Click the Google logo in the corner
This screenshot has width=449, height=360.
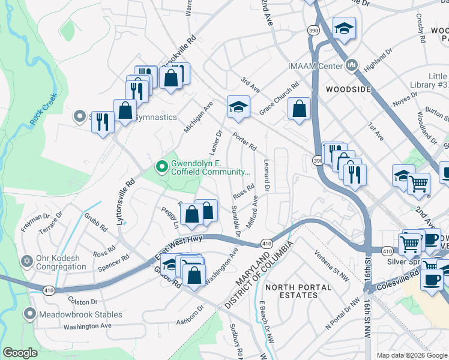pos(20,353)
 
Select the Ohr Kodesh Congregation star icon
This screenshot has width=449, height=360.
pos(26,262)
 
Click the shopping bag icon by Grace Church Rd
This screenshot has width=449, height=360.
pos(299,109)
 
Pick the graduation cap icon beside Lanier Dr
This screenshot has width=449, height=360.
pos(238,107)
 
